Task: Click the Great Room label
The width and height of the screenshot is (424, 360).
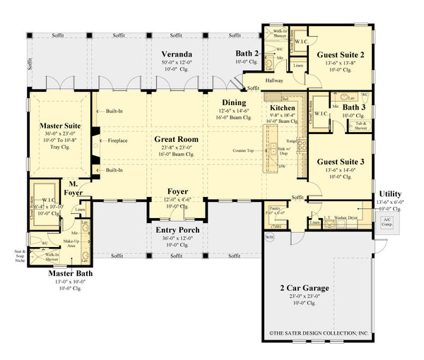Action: pos(176,139)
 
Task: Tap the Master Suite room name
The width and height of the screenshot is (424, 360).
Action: pos(59,125)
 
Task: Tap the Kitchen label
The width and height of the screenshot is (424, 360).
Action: pos(283,107)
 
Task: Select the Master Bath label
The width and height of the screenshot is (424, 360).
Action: pos(69,273)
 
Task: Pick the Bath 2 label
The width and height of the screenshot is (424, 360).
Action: pos(247,54)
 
